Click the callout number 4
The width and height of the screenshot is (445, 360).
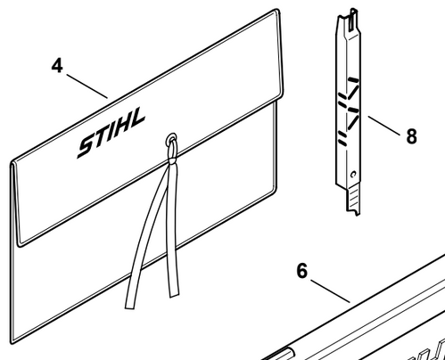point(57,66)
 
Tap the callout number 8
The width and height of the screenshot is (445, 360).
point(411,136)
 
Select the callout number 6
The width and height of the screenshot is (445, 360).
point(302,271)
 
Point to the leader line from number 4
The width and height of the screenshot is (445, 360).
point(87,86)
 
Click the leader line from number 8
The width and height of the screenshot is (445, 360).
point(384,126)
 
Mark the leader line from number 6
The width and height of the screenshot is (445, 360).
point(330,290)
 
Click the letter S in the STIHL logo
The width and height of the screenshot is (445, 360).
point(88,146)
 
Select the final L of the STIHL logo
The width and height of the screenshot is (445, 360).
point(137,118)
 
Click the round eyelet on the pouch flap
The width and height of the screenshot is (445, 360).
point(171,139)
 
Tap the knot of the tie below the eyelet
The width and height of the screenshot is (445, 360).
point(172,160)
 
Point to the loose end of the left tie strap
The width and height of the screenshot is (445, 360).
point(129,305)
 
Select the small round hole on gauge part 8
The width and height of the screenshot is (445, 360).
point(353,175)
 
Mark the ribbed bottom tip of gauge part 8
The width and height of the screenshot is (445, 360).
point(353,200)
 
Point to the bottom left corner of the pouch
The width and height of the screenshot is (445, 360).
point(12,342)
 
